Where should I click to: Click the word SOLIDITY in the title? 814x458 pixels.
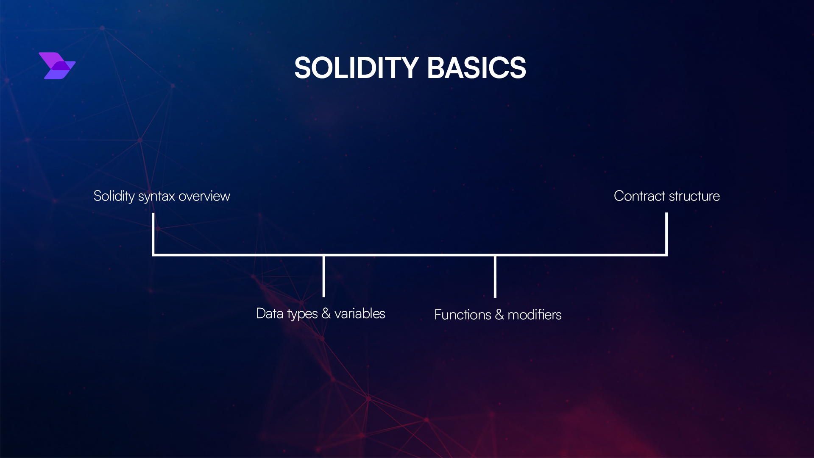tap(357, 68)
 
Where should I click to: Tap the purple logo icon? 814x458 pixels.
tap(57, 66)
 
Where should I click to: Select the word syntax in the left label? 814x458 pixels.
tap(156, 196)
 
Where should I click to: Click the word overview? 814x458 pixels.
tap(204, 196)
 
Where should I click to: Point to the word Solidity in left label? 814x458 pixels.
tap(114, 196)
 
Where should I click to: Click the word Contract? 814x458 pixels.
tap(639, 196)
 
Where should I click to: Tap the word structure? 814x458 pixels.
tap(694, 196)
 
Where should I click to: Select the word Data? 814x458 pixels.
tap(270, 313)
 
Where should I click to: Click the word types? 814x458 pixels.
tap(302, 314)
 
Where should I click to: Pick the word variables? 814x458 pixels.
tap(360, 313)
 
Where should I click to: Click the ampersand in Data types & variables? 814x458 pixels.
tap(326, 313)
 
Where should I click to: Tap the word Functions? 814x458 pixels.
tap(463, 315)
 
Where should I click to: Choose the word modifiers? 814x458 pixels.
tap(534, 315)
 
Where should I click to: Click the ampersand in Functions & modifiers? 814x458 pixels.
tap(499, 315)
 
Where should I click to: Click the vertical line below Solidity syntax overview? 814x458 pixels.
tap(153, 233)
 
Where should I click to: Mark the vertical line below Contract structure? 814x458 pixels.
tap(666, 233)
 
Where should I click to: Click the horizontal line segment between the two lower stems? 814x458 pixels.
tap(409, 255)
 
